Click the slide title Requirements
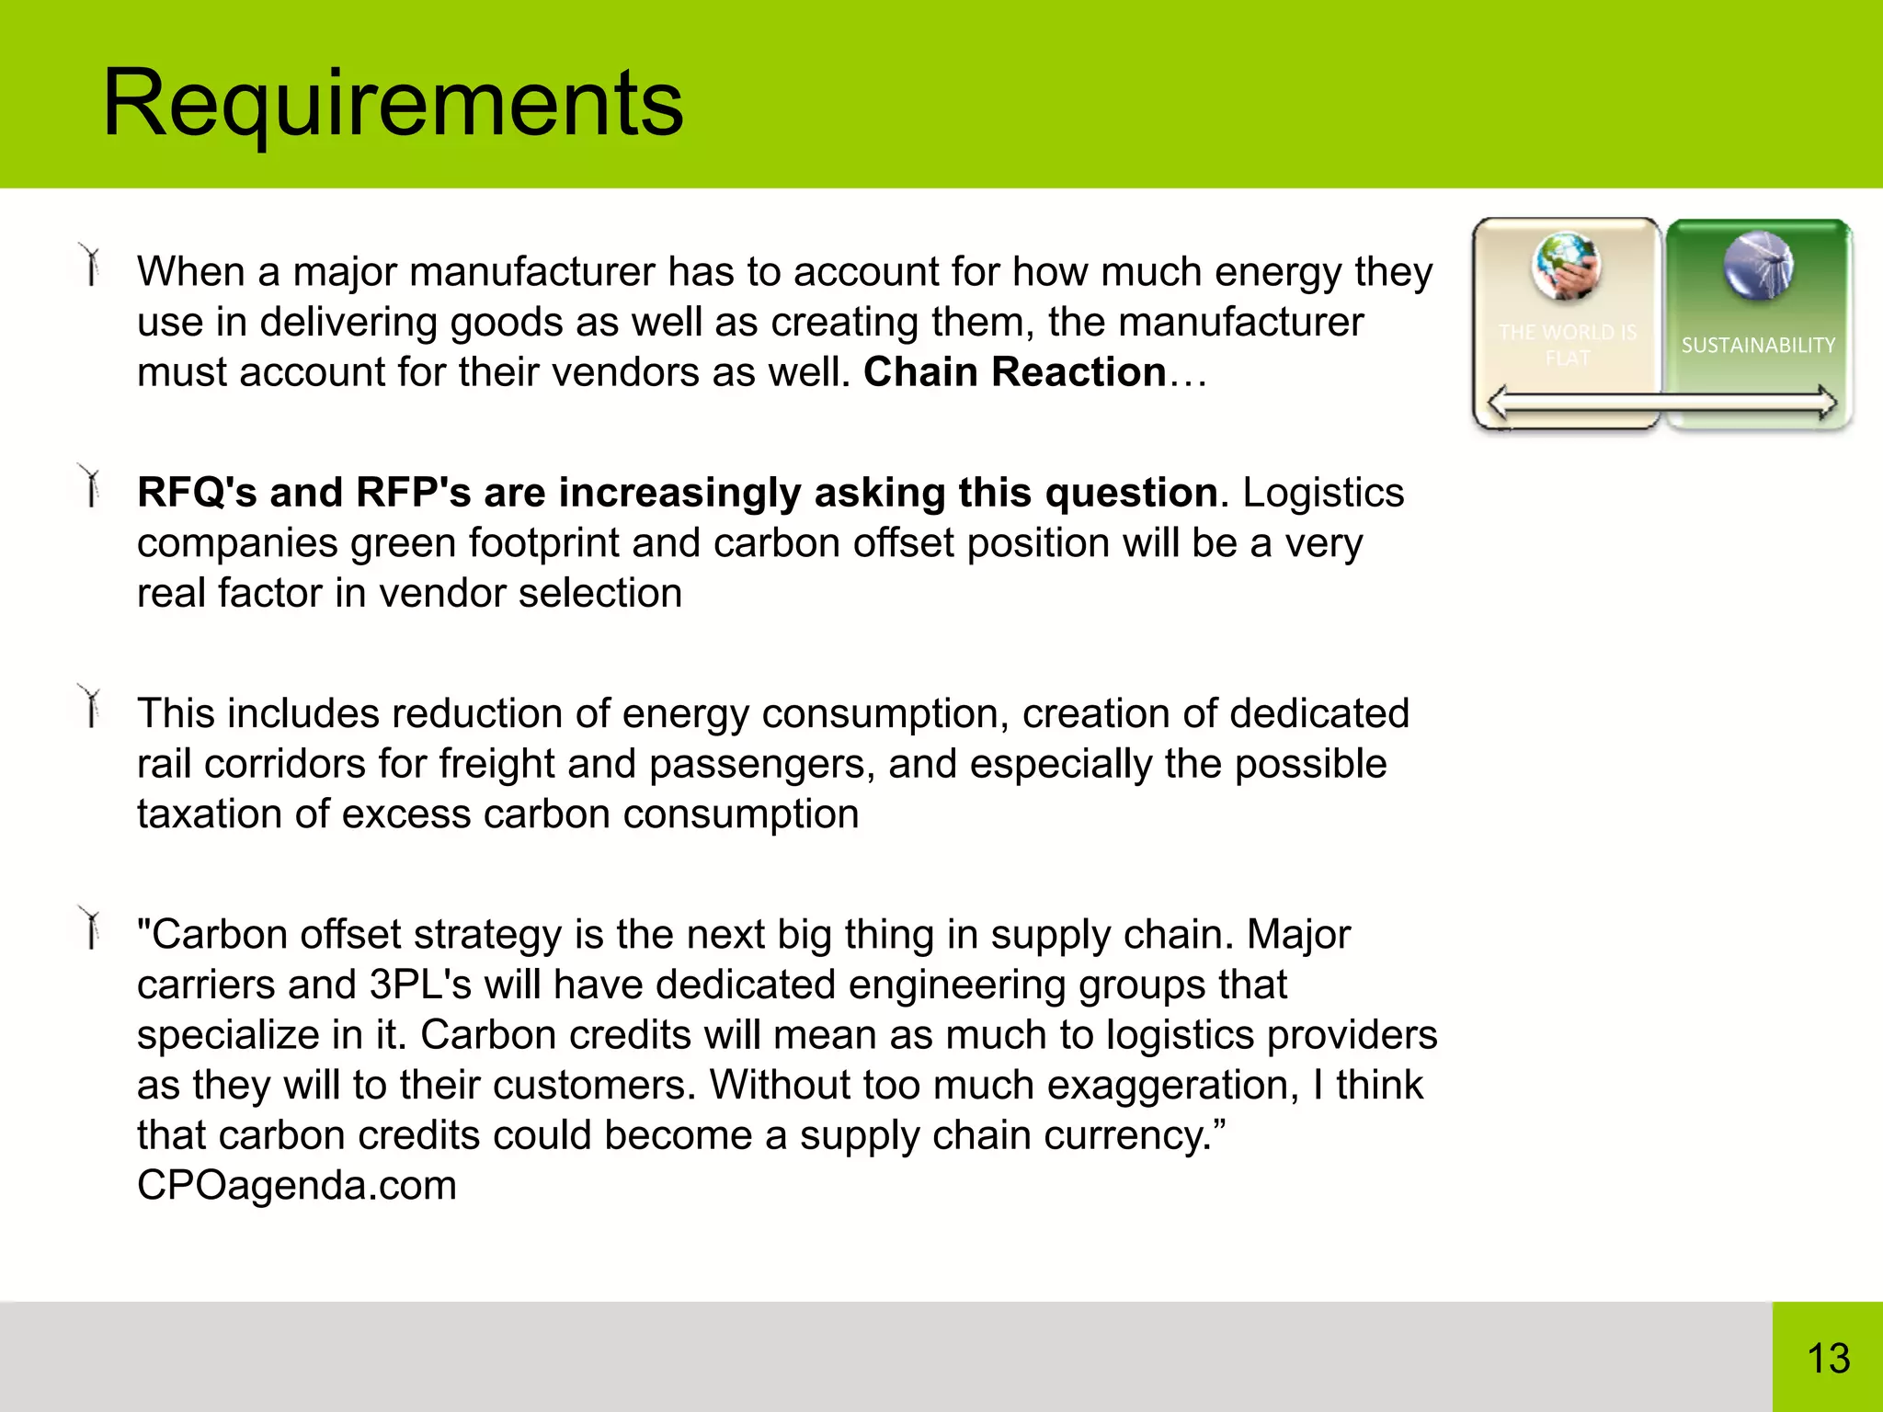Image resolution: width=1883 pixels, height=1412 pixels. coord(393,103)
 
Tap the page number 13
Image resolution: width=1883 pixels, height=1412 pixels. coord(1828,1359)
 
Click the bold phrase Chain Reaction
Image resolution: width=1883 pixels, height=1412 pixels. coord(1014,372)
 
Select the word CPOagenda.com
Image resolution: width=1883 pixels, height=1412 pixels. coord(297,1186)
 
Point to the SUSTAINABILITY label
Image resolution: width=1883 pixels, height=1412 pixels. coord(1758,346)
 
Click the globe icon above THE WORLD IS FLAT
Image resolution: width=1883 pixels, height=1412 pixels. coord(1567,267)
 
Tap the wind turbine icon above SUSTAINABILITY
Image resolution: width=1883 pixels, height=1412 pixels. coord(1758,266)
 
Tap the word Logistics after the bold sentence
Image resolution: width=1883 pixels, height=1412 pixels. coord(1323,493)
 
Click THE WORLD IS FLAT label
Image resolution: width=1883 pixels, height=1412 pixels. coord(1568,345)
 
